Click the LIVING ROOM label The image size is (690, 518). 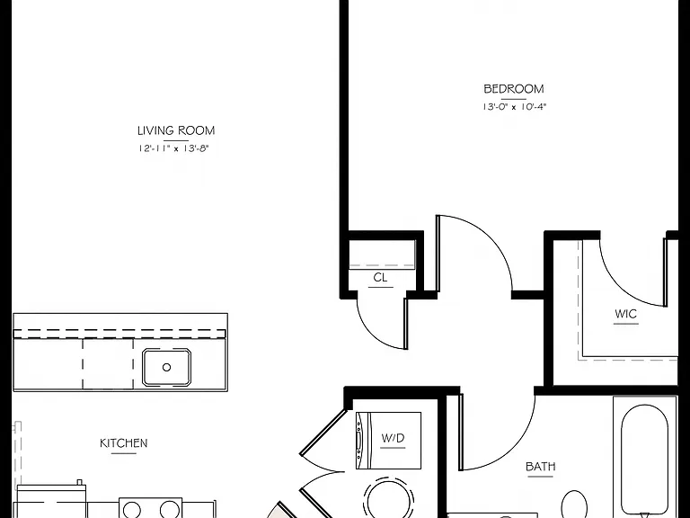[176, 130]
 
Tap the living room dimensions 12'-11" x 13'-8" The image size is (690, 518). [172, 148]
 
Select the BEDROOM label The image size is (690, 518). [514, 89]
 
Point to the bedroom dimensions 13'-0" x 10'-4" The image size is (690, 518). [514, 107]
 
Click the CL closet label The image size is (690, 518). [380, 278]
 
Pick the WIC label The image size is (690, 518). [625, 314]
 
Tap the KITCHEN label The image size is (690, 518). [124, 443]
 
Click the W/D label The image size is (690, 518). [393, 438]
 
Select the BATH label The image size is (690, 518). [540, 467]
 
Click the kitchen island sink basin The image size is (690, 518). [166, 367]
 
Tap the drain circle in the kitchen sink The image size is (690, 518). [166, 367]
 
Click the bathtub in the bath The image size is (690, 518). [644, 458]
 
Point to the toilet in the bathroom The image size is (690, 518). [574, 505]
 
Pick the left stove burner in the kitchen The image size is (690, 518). [132, 510]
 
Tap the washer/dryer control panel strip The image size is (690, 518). [360, 441]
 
